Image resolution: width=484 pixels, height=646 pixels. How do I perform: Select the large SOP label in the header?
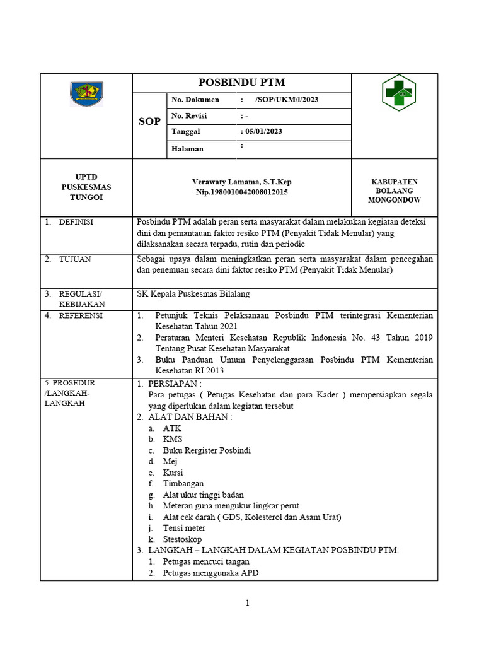149,121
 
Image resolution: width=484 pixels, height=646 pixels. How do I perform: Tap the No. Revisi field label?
189,116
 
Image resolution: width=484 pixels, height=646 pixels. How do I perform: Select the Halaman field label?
188,149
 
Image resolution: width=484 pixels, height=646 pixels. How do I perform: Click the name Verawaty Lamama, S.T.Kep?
242,182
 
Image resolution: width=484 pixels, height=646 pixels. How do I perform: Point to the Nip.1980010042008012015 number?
242,192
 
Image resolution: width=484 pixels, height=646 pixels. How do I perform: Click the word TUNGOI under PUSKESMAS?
86,197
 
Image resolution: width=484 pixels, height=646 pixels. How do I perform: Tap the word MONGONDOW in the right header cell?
394,200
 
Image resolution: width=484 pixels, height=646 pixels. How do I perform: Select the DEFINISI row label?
76,222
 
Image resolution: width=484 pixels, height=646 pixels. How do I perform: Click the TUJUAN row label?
75,259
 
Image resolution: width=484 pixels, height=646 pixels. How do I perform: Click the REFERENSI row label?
81,315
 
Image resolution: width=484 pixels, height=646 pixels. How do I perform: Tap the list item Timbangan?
183,484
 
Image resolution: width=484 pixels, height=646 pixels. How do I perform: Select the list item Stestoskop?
183,539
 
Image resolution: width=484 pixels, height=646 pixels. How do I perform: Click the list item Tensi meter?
184,528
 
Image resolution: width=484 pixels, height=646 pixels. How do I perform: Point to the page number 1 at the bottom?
248,603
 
